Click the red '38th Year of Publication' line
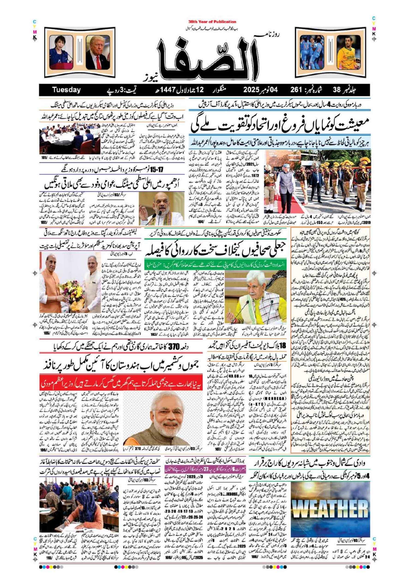tap(212, 22)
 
